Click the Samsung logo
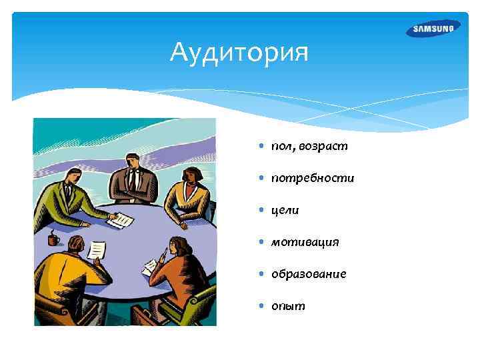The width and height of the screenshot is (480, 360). [433, 28]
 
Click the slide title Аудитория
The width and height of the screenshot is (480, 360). [239, 51]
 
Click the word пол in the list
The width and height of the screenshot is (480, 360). [283, 146]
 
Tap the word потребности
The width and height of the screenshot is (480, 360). [312, 178]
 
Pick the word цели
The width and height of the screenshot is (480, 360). [285, 210]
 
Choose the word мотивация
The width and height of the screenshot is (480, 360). [305, 242]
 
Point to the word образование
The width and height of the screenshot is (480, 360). [308, 274]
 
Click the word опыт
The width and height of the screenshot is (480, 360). [288, 306]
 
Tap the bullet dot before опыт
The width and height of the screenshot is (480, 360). [262, 306]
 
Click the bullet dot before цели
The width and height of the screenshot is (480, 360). [262, 210]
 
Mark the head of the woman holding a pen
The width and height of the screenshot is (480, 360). [179, 247]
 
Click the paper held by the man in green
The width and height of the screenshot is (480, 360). [121, 220]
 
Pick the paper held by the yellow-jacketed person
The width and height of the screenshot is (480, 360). [97, 249]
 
